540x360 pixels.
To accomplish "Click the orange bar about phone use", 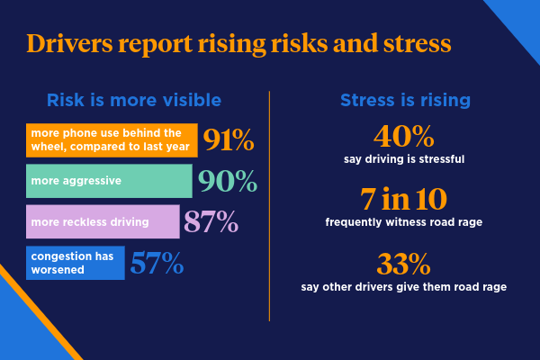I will pyautogui.click(x=112, y=140).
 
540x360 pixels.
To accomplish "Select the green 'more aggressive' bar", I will pyautogui.click(x=109, y=181).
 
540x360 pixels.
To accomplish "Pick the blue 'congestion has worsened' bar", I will pyautogui.click(x=75, y=262).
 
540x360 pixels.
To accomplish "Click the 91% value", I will pyautogui.click(x=229, y=141).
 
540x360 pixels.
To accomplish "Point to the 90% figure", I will pyautogui.click(x=227, y=182).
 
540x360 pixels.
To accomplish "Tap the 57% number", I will pyautogui.click(x=157, y=263).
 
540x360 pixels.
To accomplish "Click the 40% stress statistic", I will pyautogui.click(x=402, y=138).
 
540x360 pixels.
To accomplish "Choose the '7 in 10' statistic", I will pyautogui.click(x=402, y=199).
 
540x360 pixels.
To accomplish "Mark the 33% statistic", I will pyautogui.click(x=402, y=265).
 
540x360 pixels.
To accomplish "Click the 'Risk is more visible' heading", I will pyautogui.click(x=133, y=100).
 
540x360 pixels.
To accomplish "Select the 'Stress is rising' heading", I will pyautogui.click(x=402, y=100).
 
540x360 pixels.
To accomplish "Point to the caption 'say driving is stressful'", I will pyautogui.click(x=402, y=160).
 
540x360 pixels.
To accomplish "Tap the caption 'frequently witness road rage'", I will pyautogui.click(x=402, y=221).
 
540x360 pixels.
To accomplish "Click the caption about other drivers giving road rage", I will pyautogui.click(x=402, y=287).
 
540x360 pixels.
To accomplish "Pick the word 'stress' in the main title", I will pyautogui.click(x=409, y=44).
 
